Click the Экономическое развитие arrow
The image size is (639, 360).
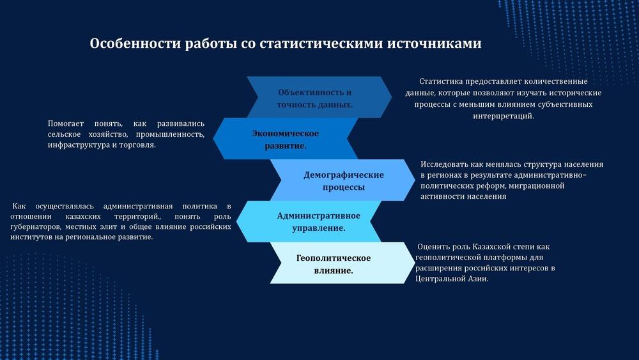click(285, 139)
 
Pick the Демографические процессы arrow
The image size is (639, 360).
click(343, 180)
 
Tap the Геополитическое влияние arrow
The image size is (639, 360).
click(343, 263)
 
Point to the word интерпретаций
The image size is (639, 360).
click(504, 116)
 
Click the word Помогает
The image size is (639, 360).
click(66, 123)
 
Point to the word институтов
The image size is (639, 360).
click(31, 237)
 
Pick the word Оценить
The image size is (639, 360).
click(432, 247)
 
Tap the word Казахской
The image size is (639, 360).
click(491, 247)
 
